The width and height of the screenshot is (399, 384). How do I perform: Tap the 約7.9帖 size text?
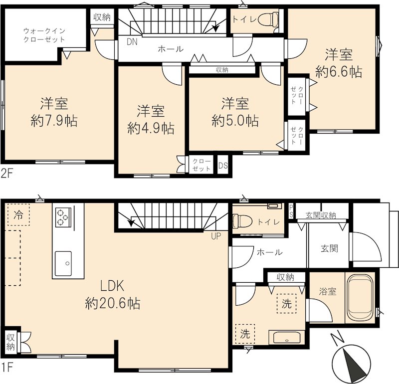tap(54, 121)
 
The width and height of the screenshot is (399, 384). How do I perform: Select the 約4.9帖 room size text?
tap(151, 128)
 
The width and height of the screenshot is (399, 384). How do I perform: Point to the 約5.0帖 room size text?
tap(235, 121)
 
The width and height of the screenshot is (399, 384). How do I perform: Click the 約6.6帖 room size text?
tap(339, 72)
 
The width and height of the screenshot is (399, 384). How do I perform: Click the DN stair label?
tap(132, 42)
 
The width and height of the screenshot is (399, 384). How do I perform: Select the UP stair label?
tap(215, 236)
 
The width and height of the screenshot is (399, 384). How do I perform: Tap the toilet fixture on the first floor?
tap(242, 220)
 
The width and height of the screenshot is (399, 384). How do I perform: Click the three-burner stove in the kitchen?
tap(63, 216)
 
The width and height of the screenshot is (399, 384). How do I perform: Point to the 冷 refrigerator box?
tap(18, 215)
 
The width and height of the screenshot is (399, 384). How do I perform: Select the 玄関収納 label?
tap(320, 215)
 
